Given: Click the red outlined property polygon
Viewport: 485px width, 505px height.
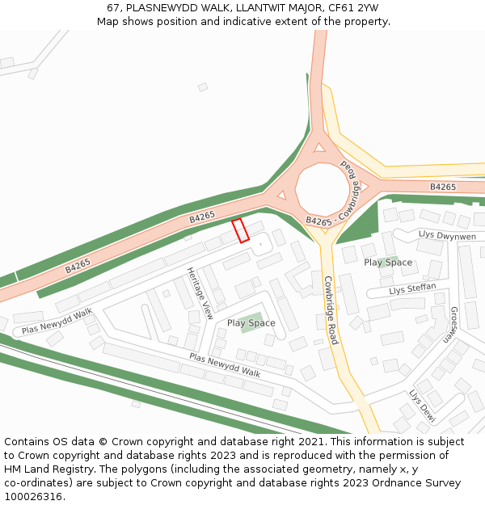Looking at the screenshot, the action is pos(240,230).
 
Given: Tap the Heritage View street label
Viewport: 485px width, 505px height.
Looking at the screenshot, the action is pos(200,292).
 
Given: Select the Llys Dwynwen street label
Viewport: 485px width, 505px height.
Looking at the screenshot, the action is pos(447,235).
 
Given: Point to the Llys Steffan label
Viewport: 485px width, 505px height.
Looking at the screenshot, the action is pos(412,288).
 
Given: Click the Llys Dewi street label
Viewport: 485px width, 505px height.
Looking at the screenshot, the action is pos(422,406).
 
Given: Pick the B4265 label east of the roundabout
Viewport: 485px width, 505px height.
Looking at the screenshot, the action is pos(442,187).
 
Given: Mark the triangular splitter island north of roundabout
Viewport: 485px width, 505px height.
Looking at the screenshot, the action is pos(319,148).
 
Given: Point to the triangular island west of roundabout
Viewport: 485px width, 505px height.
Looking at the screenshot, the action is pos(281,195).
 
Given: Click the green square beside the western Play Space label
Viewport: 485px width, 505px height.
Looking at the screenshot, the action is pos(251,322).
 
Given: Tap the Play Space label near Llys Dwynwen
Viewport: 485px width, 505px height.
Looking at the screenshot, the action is pos(388,263).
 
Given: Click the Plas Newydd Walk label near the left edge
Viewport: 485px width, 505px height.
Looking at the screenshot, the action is pos(57,321).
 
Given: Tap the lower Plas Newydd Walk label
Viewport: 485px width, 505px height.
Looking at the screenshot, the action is pos(225,365).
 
